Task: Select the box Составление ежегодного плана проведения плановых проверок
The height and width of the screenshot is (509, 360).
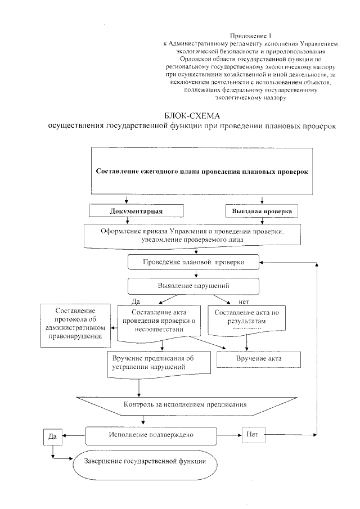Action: [x=202, y=172]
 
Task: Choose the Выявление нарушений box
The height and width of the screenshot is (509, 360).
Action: [x=193, y=286]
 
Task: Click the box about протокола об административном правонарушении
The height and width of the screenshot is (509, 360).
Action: [x=75, y=323]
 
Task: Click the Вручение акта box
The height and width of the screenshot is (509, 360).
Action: [x=259, y=358]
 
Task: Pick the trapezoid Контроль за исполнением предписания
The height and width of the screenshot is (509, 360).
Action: [x=192, y=404]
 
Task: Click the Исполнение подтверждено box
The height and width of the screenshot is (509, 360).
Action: [x=151, y=435]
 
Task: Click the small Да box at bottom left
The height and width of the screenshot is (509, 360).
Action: [x=52, y=436]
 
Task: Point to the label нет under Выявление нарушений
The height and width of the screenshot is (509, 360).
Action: [x=245, y=301]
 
